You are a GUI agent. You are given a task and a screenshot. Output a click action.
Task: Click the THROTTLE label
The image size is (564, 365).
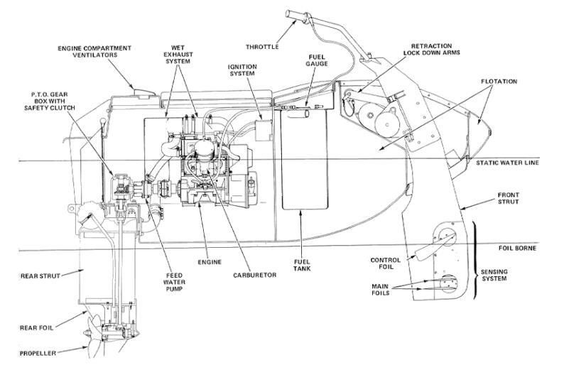[262, 47]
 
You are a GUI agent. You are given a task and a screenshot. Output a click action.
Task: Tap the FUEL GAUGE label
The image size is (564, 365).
[317, 60]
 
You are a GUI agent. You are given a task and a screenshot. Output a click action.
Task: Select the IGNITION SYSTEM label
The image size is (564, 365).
[242, 70]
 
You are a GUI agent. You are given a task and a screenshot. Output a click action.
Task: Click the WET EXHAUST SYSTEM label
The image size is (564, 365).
[178, 54]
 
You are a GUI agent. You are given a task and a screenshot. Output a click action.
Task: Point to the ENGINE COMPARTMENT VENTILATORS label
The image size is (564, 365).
[94, 51]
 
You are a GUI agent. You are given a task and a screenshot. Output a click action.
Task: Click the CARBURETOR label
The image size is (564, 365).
[255, 275]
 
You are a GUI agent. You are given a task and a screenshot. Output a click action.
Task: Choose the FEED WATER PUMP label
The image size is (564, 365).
[175, 282]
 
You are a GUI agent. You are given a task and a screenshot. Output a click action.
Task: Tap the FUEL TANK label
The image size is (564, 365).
[302, 265]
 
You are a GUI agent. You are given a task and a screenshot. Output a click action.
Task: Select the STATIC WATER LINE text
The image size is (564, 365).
[507, 163]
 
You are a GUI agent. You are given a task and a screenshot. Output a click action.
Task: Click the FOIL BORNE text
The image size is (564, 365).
[517, 248]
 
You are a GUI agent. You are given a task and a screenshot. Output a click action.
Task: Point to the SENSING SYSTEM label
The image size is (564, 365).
[494, 275]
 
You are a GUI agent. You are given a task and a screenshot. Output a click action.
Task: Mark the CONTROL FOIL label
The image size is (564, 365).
[385, 263]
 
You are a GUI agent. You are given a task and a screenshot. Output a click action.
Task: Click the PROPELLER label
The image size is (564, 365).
[38, 354]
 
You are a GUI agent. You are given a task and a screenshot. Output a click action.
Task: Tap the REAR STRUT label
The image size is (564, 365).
[40, 276]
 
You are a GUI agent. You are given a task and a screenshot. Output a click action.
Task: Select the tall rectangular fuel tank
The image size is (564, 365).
[305, 159]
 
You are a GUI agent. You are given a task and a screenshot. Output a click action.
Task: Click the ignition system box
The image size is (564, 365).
[264, 131]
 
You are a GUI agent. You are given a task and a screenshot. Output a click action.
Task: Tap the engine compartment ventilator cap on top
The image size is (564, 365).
[145, 93]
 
